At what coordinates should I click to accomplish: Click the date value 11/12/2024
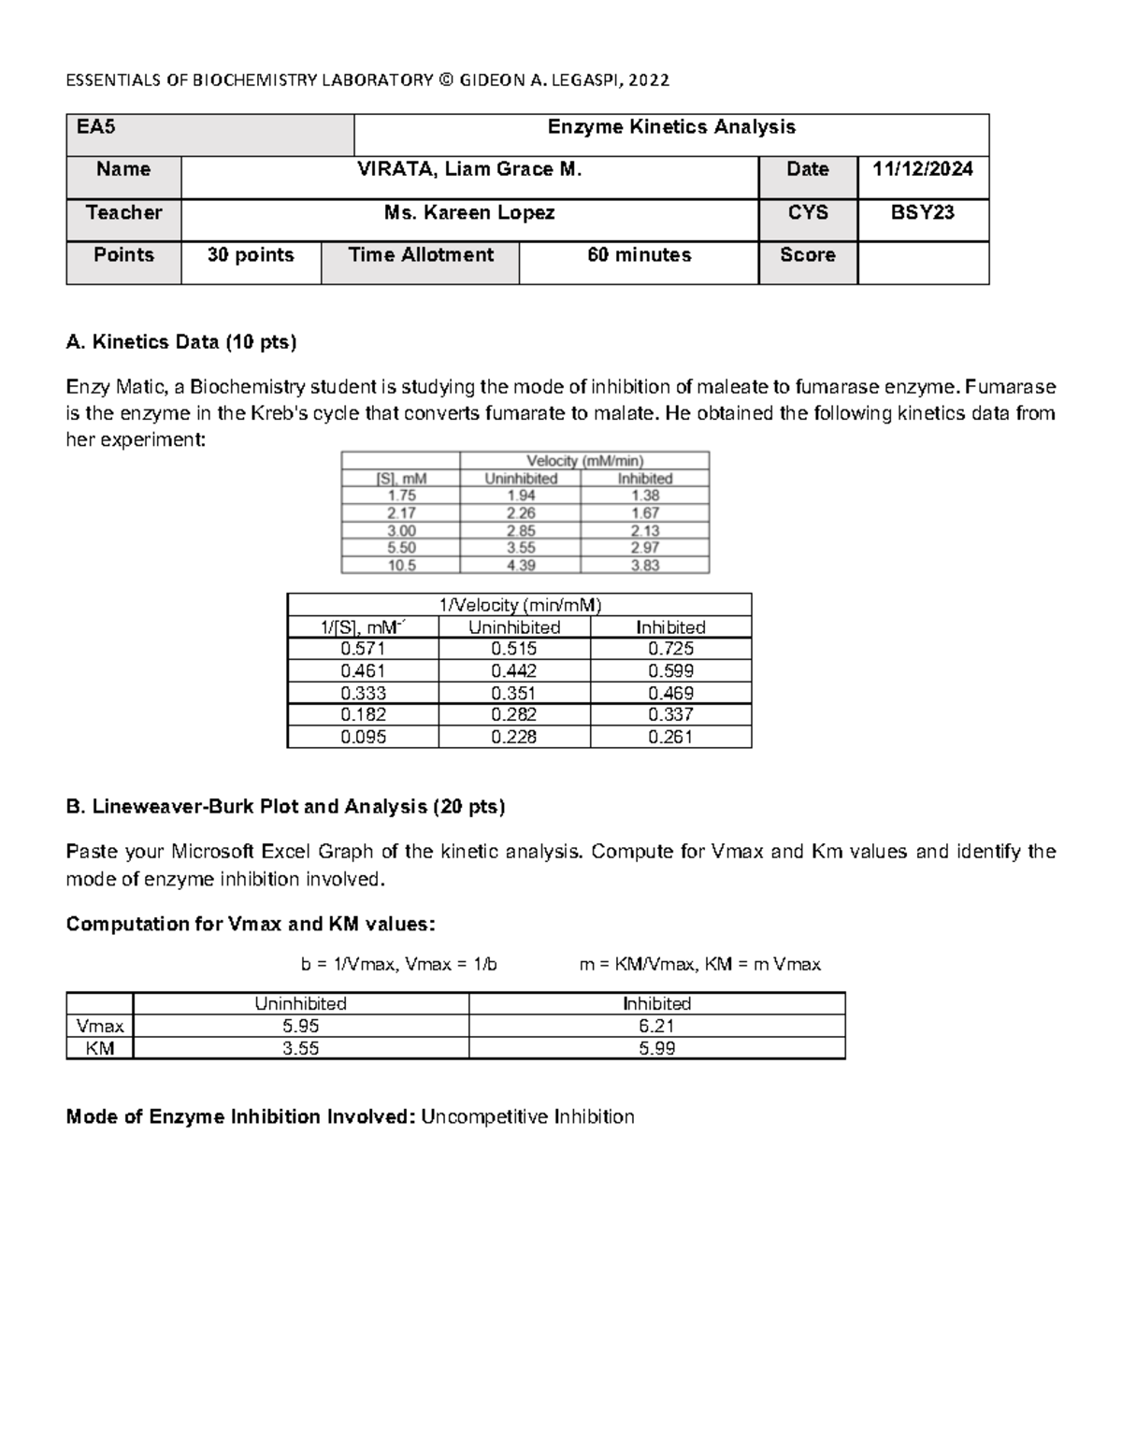point(922,169)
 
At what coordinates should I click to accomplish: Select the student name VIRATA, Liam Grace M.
point(469,169)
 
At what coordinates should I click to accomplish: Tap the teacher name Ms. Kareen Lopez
point(469,213)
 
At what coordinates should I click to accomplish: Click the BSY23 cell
point(922,213)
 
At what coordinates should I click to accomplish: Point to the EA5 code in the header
point(96,127)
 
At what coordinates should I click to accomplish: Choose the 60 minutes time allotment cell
point(639,255)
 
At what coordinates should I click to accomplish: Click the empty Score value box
point(922,262)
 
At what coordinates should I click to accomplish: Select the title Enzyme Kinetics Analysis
point(670,127)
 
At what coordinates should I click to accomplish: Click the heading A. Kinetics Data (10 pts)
point(181,342)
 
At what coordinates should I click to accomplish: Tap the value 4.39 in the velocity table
point(521,566)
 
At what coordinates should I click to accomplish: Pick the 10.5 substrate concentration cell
point(401,566)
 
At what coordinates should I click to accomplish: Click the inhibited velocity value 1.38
point(644,496)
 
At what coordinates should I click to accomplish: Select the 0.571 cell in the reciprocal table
point(363,649)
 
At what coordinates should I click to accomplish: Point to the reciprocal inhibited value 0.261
point(670,737)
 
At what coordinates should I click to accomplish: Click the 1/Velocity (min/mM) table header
point(520,604)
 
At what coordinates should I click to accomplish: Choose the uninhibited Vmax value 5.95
point(300,1026)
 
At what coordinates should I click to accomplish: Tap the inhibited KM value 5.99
point(656,1048)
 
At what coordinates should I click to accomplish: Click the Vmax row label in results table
point(99,1026)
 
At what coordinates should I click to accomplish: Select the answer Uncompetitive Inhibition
point(527,1116)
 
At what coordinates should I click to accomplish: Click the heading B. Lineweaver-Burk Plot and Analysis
point(285,807)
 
